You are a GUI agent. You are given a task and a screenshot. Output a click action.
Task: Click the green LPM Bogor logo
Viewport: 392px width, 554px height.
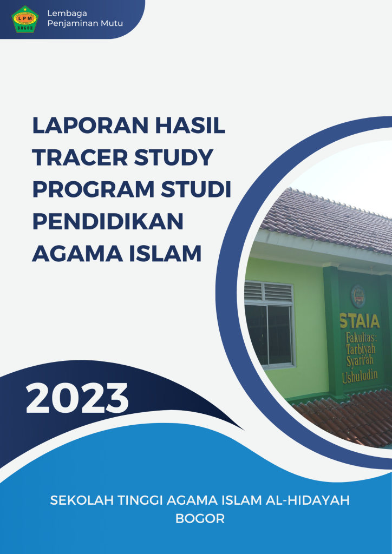(25, 19)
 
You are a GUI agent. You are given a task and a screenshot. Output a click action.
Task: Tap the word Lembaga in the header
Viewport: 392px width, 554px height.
(67, 14)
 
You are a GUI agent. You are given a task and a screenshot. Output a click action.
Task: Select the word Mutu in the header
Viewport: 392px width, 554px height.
(113, 24)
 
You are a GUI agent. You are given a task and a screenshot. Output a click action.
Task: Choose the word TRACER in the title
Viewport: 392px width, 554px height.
(80, 157)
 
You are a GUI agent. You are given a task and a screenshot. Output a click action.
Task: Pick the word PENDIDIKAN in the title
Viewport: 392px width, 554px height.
(108, 221)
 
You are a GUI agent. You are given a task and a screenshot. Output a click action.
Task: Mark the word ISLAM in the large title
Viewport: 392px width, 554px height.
(165, 253)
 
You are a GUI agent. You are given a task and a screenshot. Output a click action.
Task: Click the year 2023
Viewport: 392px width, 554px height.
(77, 398)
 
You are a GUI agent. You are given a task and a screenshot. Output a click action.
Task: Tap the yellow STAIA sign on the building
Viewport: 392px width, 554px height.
(360, 320)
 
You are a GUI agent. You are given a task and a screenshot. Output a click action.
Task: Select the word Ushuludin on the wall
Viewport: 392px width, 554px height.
(360, 377)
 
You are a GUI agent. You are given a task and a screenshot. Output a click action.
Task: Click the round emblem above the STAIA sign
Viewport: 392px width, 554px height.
(358, 296)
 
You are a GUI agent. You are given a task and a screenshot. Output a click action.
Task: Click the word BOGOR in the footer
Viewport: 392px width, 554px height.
(200, 519)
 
